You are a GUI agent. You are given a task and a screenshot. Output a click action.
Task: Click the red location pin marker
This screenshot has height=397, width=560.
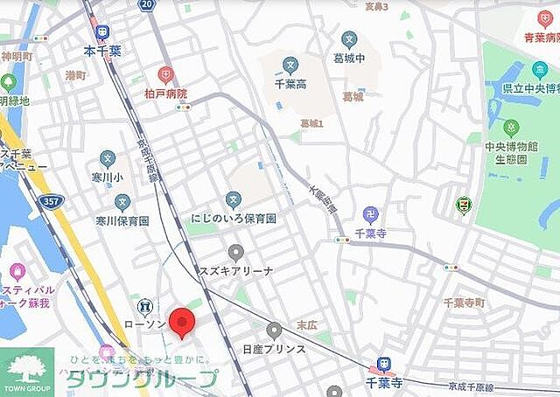coord(182,321)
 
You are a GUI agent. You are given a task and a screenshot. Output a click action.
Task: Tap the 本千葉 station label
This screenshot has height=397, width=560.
coord(102,52)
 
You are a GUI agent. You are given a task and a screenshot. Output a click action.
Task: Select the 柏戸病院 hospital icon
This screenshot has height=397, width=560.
coord(164,75)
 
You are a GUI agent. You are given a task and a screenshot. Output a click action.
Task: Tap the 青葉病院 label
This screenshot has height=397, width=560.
coord(541,38)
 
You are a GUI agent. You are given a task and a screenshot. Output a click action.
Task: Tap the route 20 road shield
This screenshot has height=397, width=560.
coord(147,5)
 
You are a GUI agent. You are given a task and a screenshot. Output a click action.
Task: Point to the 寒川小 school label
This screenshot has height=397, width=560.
coord(107,177)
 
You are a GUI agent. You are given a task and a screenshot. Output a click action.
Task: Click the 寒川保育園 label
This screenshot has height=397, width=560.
coord(122,220)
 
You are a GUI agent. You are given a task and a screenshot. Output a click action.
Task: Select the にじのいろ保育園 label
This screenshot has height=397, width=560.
coord(233,218)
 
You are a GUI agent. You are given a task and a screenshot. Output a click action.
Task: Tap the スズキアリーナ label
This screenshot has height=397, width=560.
coord(236,270)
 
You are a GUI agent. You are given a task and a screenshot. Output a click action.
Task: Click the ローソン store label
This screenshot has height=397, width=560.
coord(145,324)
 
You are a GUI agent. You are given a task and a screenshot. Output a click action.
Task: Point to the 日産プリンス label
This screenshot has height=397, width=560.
coord(274,348)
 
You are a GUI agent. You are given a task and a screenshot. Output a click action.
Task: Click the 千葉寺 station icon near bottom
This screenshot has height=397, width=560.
coord(382,365)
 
